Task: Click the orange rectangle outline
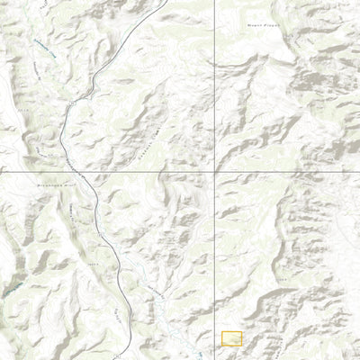[x=231, y=338]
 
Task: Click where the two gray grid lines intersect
[x=214, y=171]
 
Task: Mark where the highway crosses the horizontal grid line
[x=78, y=171]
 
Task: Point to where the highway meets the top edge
[x=166, y=1]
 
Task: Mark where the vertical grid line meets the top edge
[x=214, y=1]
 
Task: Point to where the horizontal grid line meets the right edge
[x=358, y=171]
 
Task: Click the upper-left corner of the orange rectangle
[x=221, y=332]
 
